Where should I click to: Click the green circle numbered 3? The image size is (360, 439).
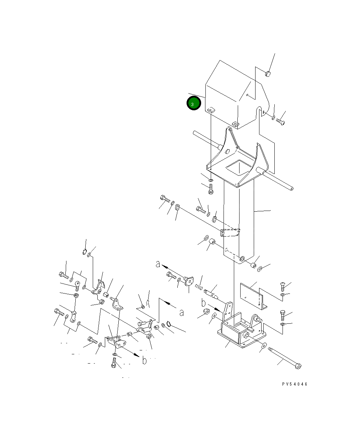tap(194, 103)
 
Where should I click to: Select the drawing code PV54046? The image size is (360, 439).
tap(294, 384)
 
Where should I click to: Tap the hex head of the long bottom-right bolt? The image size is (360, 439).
tap(298, 366)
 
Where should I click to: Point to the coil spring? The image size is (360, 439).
tap(199, 287)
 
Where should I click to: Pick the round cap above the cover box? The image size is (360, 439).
tap(268, 74)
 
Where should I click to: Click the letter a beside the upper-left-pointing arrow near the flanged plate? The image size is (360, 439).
tap(158, 264)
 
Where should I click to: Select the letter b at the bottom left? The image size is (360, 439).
tap(144, 360)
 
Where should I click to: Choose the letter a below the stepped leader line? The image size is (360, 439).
tap(182, 313)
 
